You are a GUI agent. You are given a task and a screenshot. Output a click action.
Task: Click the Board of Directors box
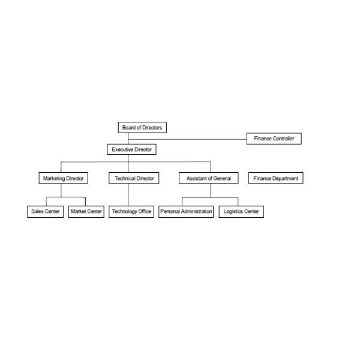pyautogui.click(x=142, y=127)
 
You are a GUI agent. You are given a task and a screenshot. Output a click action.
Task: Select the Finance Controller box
pyautogui.click(x=274, y=139)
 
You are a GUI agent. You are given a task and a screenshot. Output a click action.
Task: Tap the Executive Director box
pyautogui.click(x=132, y=149)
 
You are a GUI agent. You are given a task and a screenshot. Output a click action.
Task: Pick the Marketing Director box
pyautogui.click(x=63, y=178)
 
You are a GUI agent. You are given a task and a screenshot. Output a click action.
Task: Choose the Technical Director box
pyautogui.click(x=134, y=178)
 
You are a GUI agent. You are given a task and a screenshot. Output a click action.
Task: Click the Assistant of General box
pyautogui.click(x=208, y=178)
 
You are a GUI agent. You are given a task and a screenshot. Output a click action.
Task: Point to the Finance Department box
pyautogui.click(x=275, y=178)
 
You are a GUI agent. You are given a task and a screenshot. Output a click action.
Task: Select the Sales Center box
pyautogui.click(x=45, y=211)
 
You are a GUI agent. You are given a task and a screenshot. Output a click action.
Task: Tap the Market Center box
pyautogui.click(x=86, y=211)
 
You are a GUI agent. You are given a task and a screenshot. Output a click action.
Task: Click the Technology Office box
pyautogui.click(x=131, y=211)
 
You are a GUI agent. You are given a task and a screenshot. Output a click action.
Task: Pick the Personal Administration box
pyautogui.click(x=186, y=211)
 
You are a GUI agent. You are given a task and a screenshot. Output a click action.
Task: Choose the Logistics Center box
pyautogui.click(x=241, y=211)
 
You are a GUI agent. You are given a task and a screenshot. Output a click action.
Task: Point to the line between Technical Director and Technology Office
pyautogui.click(x=128, y=194)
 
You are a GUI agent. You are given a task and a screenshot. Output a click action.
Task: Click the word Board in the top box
pyautogui.click(x=128, y=127)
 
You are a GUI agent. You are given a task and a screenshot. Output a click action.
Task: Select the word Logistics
pyautogui.click(x=233, y=211)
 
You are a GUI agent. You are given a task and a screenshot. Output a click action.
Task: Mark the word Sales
pyautogui.click(x=37, y=211)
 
